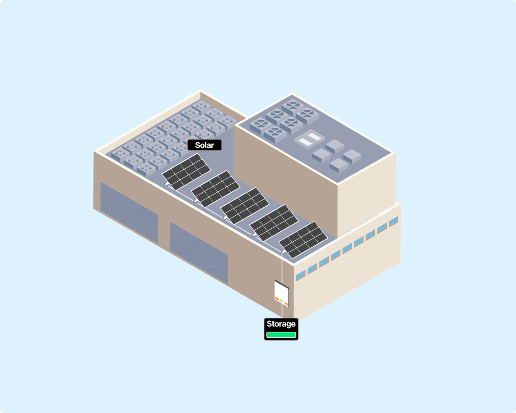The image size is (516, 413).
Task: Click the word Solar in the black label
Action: point(204,145)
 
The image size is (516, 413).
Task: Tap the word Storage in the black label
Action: point(281,324)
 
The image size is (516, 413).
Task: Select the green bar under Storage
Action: point(281,335)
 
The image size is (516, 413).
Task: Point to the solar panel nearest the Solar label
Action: point(186,172)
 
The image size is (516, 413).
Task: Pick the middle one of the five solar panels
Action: point(245,205)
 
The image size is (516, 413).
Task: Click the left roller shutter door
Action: point(129,212)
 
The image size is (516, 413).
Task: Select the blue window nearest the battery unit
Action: point(301,274)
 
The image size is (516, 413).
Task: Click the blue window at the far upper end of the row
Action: point(393,221)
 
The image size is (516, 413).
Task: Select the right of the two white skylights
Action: point(314,135)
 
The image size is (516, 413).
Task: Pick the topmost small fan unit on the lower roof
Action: point(200,106)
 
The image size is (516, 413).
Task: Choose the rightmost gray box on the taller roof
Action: point(352,155)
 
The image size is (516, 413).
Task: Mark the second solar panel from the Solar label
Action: point(216,188)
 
